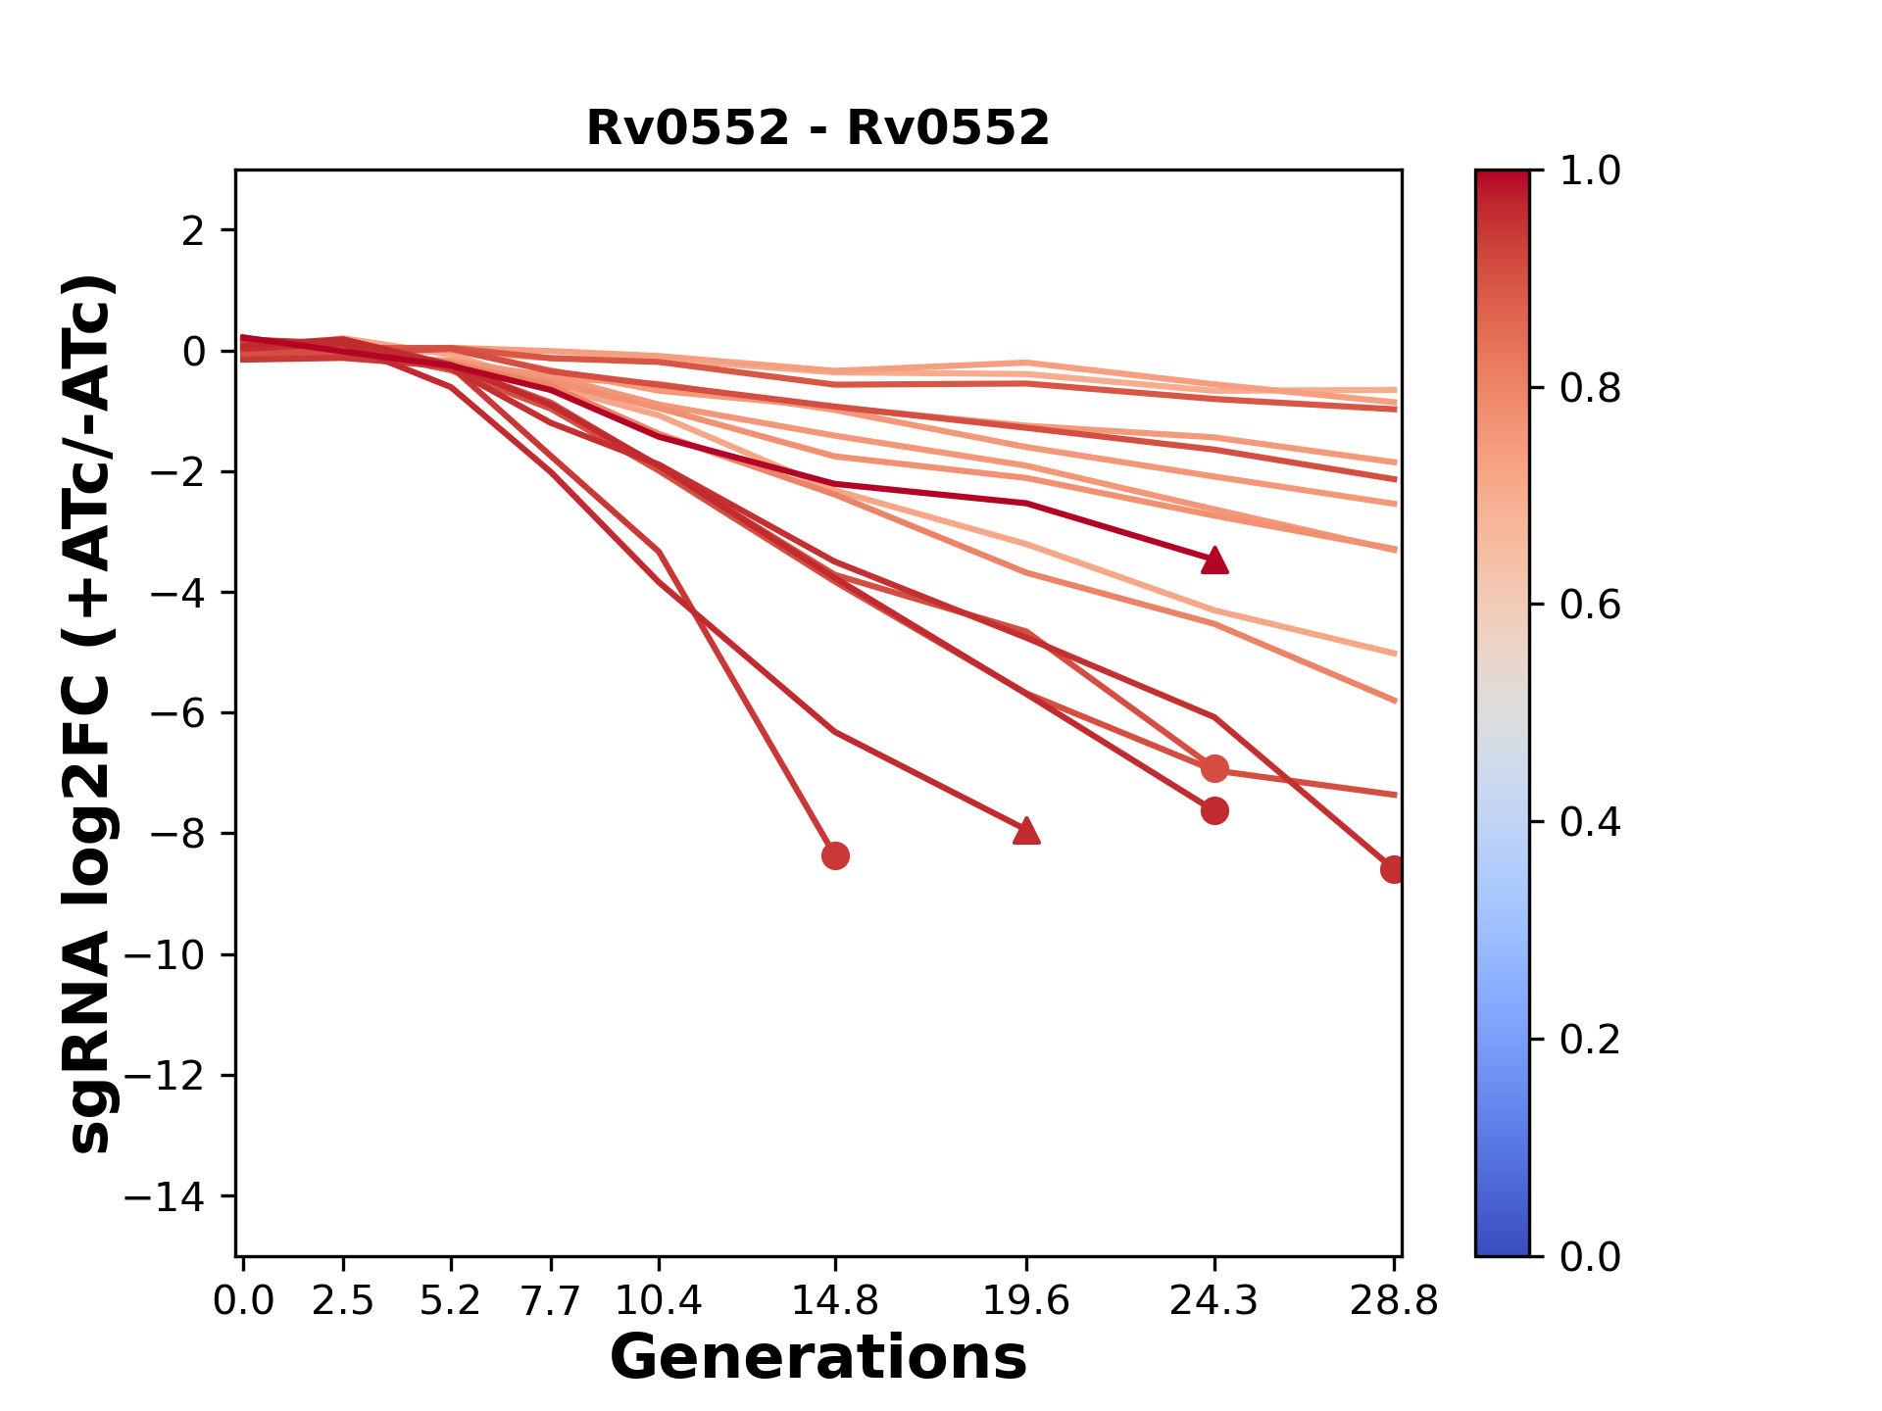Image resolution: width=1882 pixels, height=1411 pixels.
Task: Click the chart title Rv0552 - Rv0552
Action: coord(817,128)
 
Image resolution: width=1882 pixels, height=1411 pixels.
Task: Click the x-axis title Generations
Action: coord(817,1358)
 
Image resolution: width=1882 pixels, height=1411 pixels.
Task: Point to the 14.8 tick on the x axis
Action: coord(834,1301)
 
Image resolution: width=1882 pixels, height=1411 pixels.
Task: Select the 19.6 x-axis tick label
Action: coord(1026,1301)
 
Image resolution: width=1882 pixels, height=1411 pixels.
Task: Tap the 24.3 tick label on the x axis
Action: coord(1213,1301)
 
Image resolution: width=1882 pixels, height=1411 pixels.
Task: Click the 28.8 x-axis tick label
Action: coord(1393,1301)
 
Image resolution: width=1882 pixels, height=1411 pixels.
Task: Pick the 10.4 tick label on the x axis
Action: coord(658,1301)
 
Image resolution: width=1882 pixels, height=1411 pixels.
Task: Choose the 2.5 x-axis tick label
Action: coord(343,1301)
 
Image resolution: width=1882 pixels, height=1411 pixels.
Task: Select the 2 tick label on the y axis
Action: coord(193,230)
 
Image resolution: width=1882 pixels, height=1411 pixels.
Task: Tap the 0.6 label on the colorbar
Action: coord(1590,605)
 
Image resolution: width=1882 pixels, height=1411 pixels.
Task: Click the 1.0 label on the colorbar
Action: coord(1590,170)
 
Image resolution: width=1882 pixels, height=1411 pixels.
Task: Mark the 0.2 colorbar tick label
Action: coord(1590,1039)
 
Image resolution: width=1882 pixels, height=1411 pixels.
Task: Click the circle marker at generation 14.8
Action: coord(835,855)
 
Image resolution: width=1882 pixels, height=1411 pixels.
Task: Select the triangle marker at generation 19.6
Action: coord(1026,831)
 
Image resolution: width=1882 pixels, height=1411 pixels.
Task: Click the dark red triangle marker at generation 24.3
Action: coord(1214,560)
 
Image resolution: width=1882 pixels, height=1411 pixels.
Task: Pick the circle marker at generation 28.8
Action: coord(1393,869)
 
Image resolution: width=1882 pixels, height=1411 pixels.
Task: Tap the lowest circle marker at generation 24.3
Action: coord(1214,811)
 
